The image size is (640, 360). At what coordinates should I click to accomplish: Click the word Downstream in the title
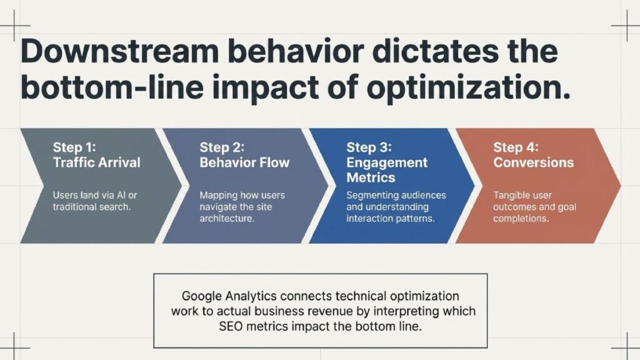pyautogui.click(x=119, y=52)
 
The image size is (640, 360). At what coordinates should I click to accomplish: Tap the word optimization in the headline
pyautogui.click(x=468, y=88)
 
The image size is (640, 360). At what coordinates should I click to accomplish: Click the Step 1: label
pyautogui.click(x=74, y=147)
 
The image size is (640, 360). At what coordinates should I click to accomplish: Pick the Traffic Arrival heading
pyautogui.click(x=97, y=162)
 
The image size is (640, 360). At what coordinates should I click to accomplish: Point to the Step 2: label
pyautogui.click(x=222, y=147)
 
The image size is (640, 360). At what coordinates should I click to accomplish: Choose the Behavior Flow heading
pyautogui.click(x=244, y=162)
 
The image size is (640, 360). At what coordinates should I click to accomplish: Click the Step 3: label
pyautogui.click(x=369, y=147)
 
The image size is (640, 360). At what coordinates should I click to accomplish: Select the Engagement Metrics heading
pyautogui.click(x=387, y=170)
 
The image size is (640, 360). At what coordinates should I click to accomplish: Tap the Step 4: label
pyautogui.click(x=516, y=147)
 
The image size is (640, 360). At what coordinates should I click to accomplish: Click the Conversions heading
pyautogui.click(x=534, y=162)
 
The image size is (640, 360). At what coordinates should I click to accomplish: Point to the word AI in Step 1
pyautogui.click(x=121, y=195)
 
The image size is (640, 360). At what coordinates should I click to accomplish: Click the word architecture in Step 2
pyautogui.click(x=227, y=218)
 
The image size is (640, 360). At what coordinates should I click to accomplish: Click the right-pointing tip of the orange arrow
pyautogui.click(x=621, y=186)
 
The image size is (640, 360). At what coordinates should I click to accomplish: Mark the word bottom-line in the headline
pyautogui.click(x=112, y=87)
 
